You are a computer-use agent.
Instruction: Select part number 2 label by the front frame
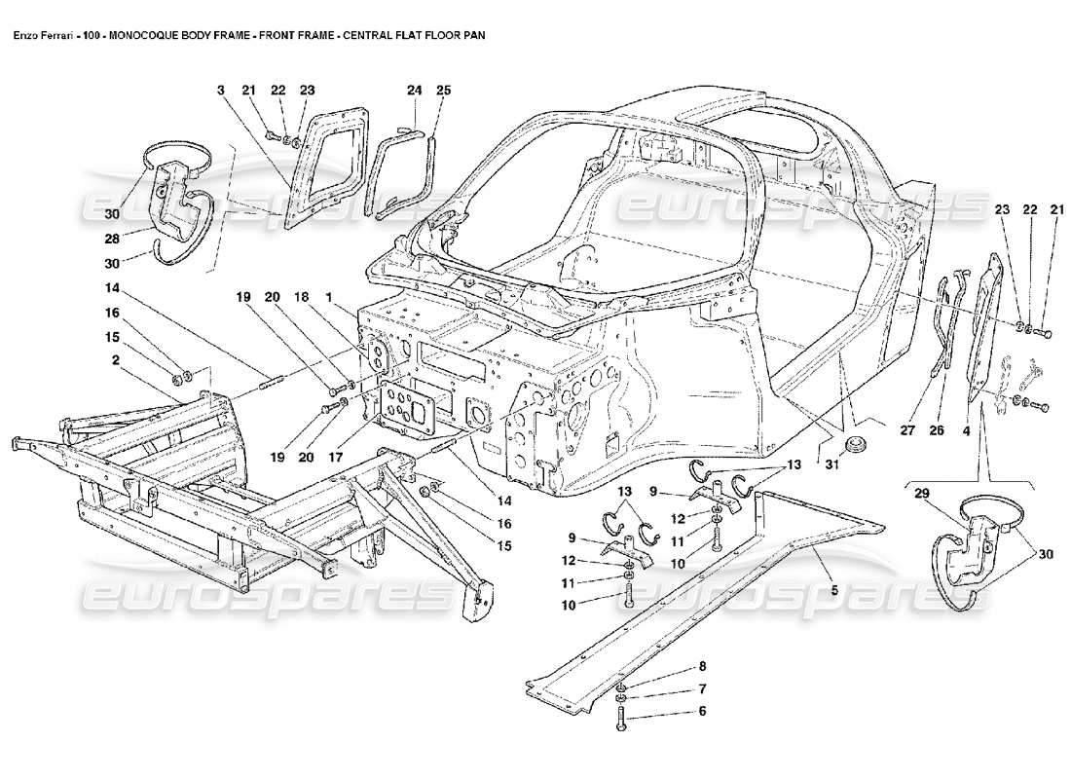pos(115,359)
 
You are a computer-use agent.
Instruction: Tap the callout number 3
pos(221,90)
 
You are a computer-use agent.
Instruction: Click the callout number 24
pos(413,90)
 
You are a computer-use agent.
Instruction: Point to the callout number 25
pos(443,90)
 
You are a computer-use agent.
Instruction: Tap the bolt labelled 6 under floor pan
pos(621,719)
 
